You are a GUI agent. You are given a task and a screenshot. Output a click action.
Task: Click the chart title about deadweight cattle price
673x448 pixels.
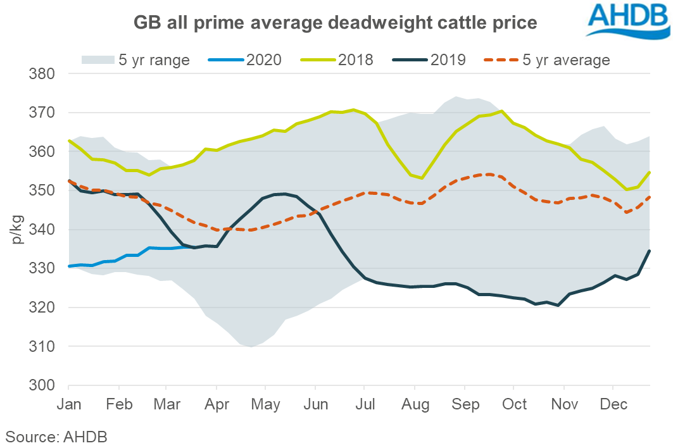click(336, 23)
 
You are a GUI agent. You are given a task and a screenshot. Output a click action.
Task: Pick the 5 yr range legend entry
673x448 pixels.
click(135, 60)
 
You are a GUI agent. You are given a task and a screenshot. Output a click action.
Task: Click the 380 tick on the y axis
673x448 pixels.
click(45, 74)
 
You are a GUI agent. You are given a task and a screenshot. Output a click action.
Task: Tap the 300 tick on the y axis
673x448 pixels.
click(45, 385)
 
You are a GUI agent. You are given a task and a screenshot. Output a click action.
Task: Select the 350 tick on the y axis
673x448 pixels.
click(45, 190)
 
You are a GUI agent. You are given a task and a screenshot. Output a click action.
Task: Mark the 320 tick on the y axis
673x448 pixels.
click(45, 308)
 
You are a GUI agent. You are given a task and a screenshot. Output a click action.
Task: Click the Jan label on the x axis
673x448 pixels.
click(68, 404)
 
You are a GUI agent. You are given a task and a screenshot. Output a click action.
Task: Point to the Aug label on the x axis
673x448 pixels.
click(414, 404)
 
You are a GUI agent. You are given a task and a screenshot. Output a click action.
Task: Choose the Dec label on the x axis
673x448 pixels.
click(613, 404)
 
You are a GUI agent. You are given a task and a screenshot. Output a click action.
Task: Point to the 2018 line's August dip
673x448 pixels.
click(422, 178)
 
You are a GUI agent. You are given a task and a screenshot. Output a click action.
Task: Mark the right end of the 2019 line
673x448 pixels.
click(650, 251)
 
